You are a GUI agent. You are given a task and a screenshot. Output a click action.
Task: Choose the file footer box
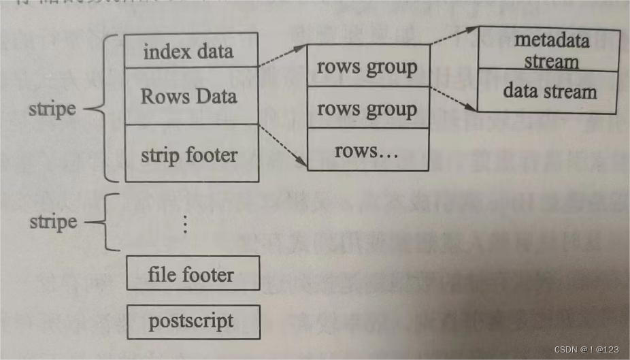(193, 274)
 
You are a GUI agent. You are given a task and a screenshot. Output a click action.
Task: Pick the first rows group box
(367, 66)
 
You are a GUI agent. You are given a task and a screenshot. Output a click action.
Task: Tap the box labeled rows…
(367, 150)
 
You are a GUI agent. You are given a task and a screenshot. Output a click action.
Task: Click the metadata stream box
(548, 50)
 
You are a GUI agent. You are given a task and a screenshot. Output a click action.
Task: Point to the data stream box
(548, 91)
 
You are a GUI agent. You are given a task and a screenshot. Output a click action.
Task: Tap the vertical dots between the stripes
(185, 223)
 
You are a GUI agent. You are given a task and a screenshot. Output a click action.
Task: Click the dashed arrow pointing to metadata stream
(454, 37)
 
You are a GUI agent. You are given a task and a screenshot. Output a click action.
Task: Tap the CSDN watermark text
(586, 349)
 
